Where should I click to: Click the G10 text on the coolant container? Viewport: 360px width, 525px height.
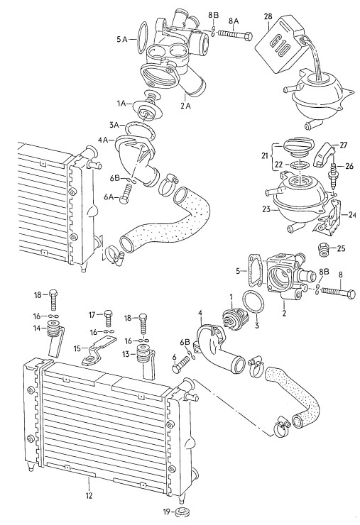point(279,46)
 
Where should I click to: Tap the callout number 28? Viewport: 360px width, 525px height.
point(268,16)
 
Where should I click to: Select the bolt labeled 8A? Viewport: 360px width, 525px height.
point(235,34)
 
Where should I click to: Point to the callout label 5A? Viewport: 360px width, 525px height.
point(122,40)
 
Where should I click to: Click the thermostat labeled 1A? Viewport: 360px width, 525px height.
point(146,106)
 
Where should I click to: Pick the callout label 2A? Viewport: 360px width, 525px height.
point(185,106)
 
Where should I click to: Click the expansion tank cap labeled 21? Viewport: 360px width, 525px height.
point(298,148)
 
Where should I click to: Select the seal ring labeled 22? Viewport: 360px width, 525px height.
point(298,165)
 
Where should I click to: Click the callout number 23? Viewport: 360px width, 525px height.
point(267,209)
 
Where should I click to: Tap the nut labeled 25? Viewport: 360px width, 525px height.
point(323,250)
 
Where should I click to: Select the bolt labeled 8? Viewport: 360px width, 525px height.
point(338,293)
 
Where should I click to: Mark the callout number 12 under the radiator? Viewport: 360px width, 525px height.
point(89,494)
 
